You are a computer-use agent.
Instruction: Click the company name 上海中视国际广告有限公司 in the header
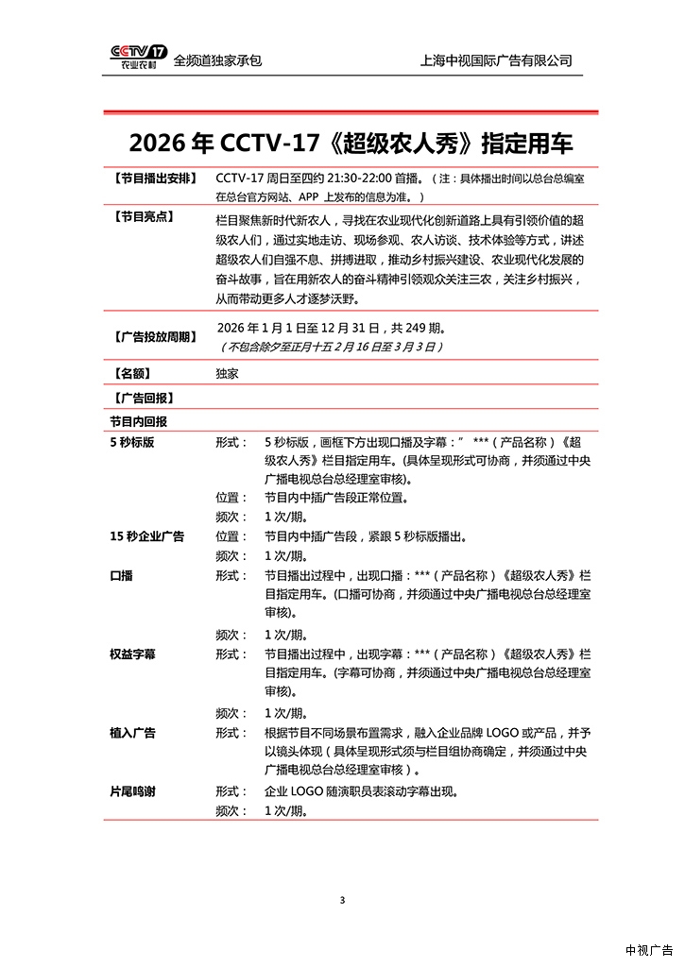[x=496, y=60]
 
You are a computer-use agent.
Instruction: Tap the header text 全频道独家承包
[x=217, y=60]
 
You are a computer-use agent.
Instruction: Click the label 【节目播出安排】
[x=154, y=178]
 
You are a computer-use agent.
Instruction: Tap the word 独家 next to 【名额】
[x=227, y=373]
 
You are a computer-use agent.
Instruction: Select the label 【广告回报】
[x=143, y=398]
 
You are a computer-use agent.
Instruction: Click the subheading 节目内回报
[x=139, y=421]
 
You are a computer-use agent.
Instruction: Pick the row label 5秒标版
[x=132, y=442]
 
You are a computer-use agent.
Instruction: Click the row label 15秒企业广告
[x=147, y=536]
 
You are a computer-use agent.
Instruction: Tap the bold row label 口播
[x=122, y=575]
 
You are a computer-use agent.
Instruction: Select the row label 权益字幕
[x=133, y=654]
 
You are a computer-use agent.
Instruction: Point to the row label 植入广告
[x=133, y=732]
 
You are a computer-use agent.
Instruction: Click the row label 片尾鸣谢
[x=133, y=790]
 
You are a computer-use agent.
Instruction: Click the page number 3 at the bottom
[x=342, y=899]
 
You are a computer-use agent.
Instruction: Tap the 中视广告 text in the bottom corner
[x=649, y=950]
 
